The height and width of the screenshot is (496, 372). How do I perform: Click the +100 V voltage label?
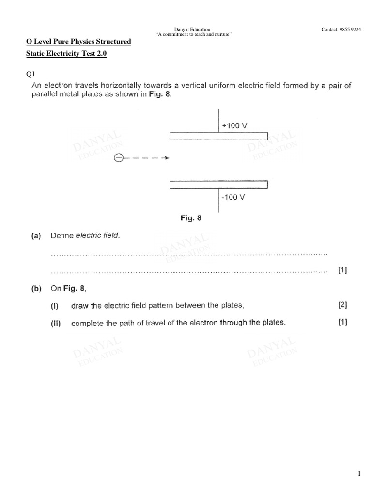(234, 125)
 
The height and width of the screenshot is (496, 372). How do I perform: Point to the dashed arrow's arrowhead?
(166, 157)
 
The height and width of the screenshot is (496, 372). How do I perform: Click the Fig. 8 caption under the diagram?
(191, 218)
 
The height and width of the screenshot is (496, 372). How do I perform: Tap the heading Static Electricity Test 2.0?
(66, 54)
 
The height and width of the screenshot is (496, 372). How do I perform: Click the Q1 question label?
(31, 74)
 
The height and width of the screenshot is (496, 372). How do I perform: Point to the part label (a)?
(36, 236)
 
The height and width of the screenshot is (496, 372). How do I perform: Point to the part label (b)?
(36, 289)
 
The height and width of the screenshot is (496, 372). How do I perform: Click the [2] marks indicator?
(342, 305)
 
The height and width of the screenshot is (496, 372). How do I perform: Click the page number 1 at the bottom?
(359, 474)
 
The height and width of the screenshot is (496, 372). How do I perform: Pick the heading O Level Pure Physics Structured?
(78, 42)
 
